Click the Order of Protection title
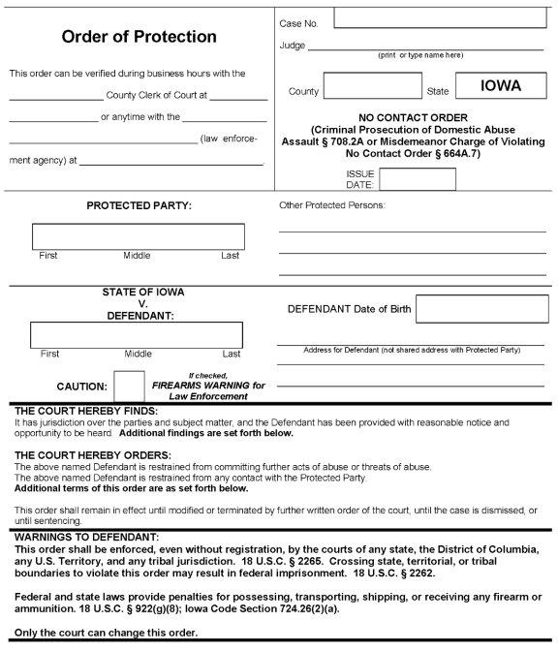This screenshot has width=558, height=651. pos(139,37)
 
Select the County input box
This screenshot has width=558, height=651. pos(358,86)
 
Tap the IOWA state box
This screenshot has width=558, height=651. pos(501,85)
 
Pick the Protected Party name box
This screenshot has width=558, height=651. pos(139,237)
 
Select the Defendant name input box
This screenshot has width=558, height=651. pos(137,334)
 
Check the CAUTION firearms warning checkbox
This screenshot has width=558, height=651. pos(129,387)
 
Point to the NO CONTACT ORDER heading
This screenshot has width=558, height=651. pos(412,118)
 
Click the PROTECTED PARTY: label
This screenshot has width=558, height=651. pos(139,205)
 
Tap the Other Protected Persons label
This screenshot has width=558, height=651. pos(332,205)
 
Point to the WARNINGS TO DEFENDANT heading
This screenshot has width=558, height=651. pos(87,536)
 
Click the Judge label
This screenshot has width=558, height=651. pos(292,45)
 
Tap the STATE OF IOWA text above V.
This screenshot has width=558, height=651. pos(143,293)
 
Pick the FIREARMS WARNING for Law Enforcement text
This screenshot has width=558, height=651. pos(208,386)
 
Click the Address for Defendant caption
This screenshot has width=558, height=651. pos(412,349)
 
